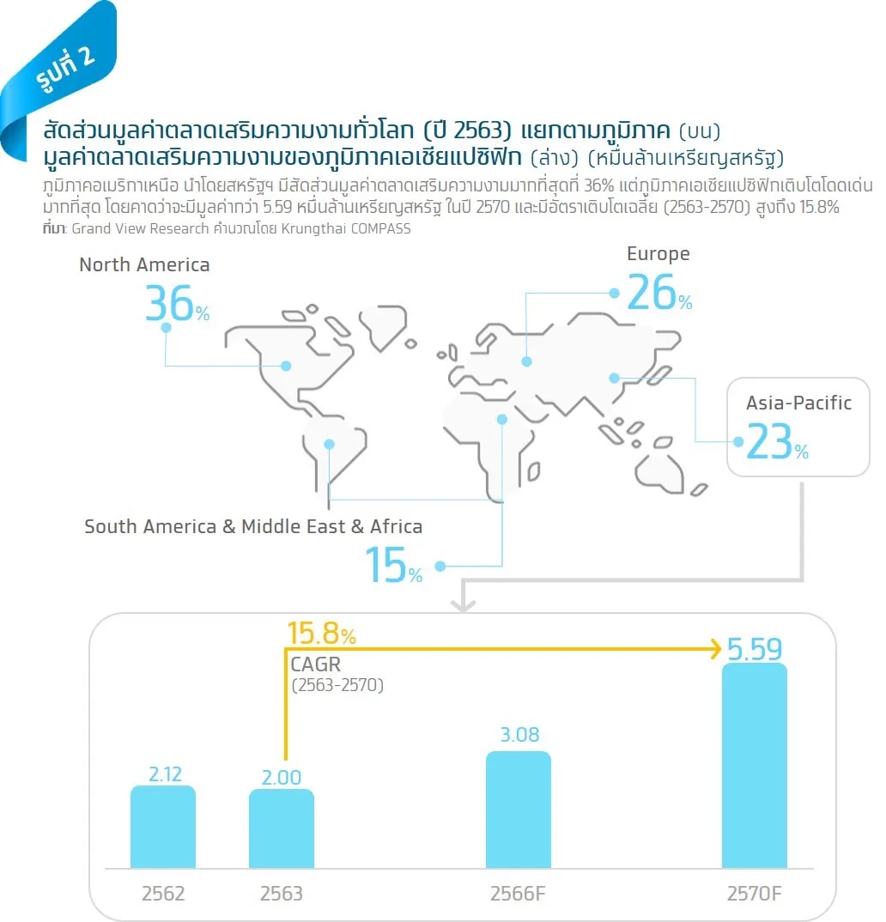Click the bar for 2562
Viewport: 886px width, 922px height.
(x=163, y=827)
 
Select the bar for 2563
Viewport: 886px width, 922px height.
(x=282, y=828)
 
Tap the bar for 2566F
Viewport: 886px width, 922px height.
(x=519, y=810)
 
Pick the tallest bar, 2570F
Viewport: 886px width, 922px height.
(x=755, y=766)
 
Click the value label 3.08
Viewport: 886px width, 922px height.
(x=519, y=735)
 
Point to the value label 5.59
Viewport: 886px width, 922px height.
(x=755, y=649)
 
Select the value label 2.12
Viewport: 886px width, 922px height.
(x=165, y=773)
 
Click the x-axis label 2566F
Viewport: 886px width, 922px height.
(x=518, y=894)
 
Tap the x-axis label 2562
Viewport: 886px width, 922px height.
(x=163, y=894)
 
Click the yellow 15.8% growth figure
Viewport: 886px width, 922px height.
(x=322, y=634)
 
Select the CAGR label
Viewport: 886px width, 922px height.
(x=316, y=664)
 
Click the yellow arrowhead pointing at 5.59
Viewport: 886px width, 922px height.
(x=717, y=648)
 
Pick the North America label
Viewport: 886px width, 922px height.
(x=144, y=265)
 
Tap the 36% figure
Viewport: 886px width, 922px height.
(x=177, y=303)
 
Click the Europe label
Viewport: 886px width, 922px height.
(x=658, y=254)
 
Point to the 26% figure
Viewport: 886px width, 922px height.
(x=659, y=292)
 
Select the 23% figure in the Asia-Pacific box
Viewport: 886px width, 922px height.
(x=777, y=442)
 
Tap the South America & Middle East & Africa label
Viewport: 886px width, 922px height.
(x=253, y=527)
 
